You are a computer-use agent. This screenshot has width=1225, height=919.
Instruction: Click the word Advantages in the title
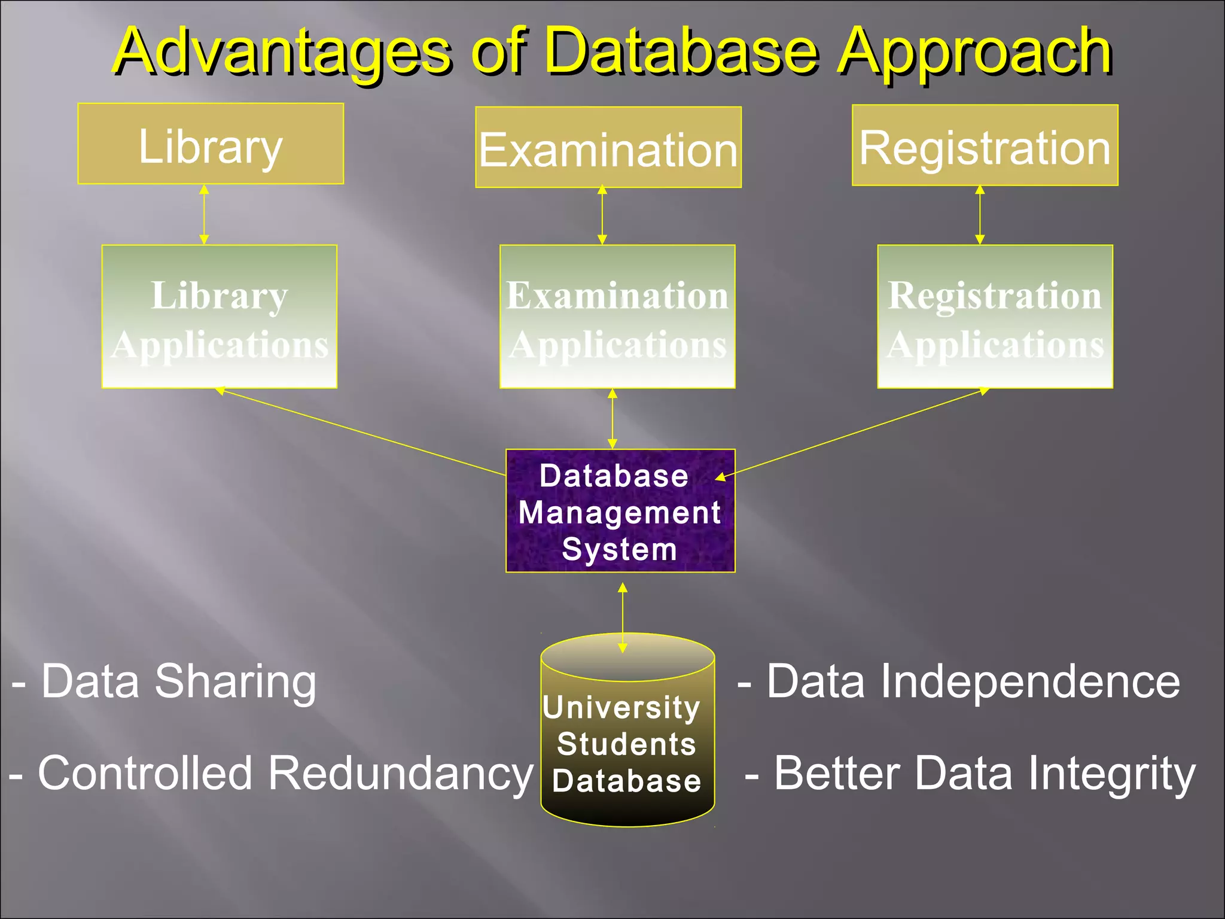click(281, 53)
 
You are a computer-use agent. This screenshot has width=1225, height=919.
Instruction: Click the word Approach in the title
click(974, 53)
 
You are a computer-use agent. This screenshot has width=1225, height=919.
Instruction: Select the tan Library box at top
click(211, 144)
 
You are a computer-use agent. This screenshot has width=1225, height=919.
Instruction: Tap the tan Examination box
click(608, 148)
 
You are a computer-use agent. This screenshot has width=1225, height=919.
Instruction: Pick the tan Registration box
click(985, 145)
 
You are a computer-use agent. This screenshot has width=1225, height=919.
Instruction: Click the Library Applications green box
click(220, 317)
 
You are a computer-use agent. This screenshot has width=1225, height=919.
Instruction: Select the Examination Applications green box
click(617, 317)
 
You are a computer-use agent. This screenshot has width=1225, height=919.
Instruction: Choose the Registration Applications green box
click(995, 317)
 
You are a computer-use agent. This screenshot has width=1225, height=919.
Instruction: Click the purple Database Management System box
click(620, 512)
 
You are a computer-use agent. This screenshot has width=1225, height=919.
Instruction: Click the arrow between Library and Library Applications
click(204, 214)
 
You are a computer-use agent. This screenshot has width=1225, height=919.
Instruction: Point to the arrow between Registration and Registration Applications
click(980, 214)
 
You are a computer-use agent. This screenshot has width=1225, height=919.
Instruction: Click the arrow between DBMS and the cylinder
click(623, 616)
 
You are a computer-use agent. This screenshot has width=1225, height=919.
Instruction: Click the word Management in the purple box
click(619, 513)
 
